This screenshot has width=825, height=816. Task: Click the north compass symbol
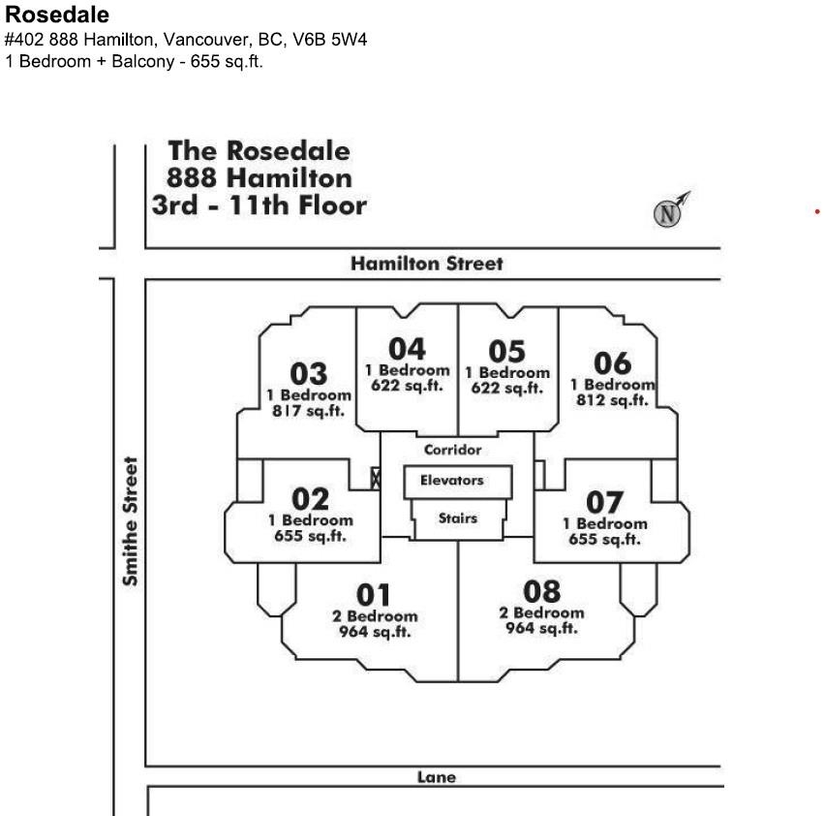[668, 213]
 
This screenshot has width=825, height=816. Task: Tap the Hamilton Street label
[427, 264]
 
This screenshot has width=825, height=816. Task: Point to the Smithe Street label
[130, 521]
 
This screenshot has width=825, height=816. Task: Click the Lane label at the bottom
[436, 776]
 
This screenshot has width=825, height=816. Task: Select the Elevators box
[451, 481]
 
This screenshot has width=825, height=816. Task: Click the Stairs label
[457, 518]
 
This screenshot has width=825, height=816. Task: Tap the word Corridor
[452, 450]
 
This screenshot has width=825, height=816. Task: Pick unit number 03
[309, 373]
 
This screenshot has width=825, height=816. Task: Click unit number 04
[407, 349]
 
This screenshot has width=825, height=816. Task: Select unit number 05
[506, 351]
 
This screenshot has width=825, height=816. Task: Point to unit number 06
[612, 363]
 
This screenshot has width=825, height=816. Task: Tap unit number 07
[605, 503]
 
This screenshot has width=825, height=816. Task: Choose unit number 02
[311, 499]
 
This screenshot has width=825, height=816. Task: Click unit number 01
[374, 594]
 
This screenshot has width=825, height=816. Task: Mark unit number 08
[541, 590]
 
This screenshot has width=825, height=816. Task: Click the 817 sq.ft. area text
[309, 411]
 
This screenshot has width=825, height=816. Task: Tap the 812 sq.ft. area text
[612, 400]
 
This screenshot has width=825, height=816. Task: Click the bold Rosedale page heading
[57, 16]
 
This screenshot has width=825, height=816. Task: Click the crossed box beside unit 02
[376, 478]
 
